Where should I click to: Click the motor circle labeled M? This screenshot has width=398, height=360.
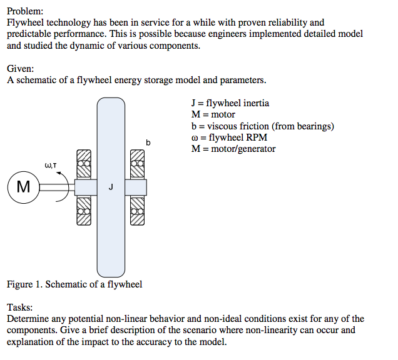point(24,187)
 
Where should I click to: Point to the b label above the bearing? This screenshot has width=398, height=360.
point(148,143)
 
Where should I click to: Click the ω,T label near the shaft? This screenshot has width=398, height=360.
point(51,165)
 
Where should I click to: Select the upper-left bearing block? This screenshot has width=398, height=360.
point(84,165)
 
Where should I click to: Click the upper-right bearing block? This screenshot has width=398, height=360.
point(138,165)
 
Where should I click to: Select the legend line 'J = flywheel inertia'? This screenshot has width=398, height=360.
point(230,103)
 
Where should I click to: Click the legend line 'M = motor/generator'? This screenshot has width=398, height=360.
point(233,149)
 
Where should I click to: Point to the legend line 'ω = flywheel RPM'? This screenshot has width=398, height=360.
point(229,137)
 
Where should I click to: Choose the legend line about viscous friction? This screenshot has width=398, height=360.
point(262,126)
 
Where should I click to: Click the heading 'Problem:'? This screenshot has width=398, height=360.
point(25,11)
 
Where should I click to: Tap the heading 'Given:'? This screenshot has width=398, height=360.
point(21,68)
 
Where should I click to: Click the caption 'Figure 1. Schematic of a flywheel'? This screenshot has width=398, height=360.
point(74,284)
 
